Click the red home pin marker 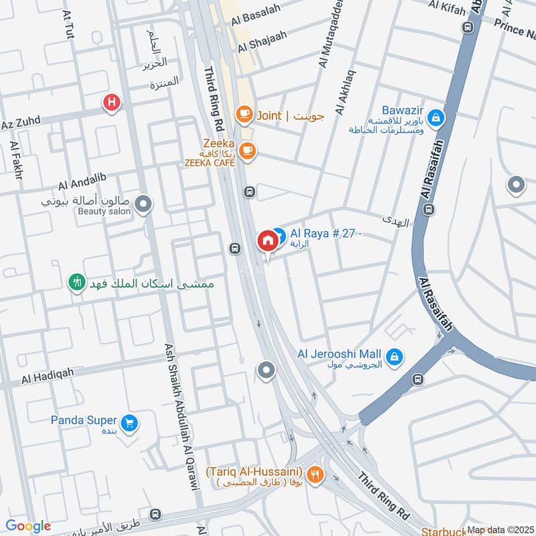point(268,240)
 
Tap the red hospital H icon point(111,103)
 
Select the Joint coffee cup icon point(243,115)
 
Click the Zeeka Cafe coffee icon point(247,151)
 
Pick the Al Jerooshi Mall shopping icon point(395,354)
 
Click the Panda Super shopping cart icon point(129,422)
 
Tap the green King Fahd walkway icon point(78,283)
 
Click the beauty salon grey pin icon point(143,202)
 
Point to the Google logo point(28,526)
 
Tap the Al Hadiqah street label point(46,379)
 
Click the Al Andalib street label point(82,184)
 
